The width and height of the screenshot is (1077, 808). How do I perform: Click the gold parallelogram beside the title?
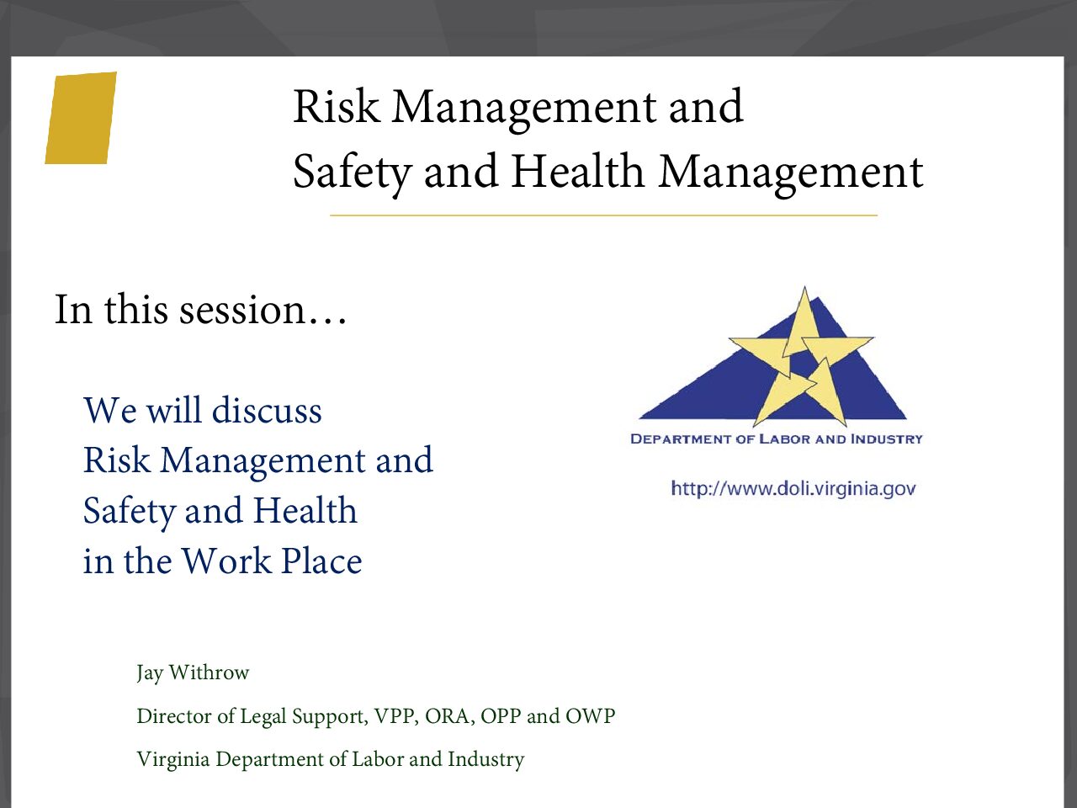point(81,118)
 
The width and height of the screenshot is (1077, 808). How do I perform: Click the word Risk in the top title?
point(337,106)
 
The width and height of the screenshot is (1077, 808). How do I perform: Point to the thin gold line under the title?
point(603,215)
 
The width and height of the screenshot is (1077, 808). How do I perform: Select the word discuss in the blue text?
point(267,410)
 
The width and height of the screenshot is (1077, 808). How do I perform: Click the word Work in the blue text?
point(226,561)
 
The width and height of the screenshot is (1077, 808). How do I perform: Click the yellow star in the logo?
point(801,360)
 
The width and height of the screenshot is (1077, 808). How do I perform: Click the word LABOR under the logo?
point(784,439)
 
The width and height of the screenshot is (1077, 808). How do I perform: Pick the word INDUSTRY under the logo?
point(886,439)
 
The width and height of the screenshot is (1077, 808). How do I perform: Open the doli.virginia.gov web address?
point(793,489)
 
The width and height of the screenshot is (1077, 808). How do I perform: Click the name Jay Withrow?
point(193,672)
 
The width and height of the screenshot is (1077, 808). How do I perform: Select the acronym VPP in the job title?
point(395,716)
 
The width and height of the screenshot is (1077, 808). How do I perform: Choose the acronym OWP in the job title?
point(591,716)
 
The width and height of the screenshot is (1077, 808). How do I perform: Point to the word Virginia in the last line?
point(173,759)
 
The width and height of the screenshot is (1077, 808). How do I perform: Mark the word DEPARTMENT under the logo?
point(681,439)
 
